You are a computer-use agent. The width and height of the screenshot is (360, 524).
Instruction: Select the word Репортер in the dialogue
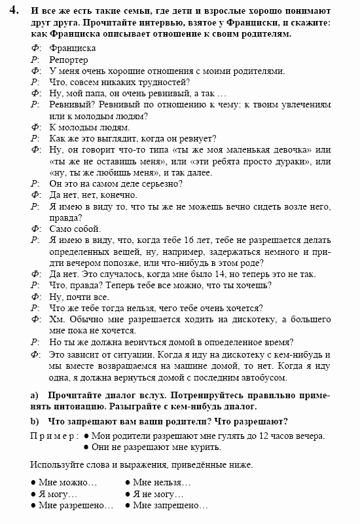[x=67, y=60]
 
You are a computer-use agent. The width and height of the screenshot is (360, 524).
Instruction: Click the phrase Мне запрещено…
[x=170, y=506]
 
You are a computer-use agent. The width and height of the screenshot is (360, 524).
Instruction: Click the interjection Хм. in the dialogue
[x=57, y=319]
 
